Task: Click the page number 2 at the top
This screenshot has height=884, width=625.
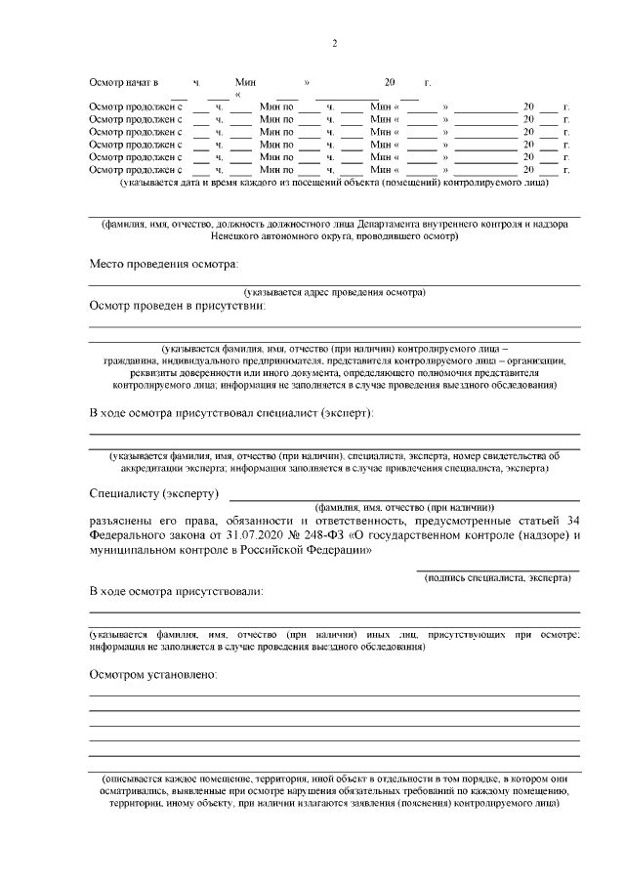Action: pos(334,43)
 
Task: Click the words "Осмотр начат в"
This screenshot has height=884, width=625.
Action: pos(123,85)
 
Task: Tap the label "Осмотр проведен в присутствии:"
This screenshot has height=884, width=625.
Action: pos(178,306)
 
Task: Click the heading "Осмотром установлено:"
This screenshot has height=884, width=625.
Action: pos(153,675)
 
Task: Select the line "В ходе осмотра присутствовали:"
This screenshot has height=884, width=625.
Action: pos(176,592)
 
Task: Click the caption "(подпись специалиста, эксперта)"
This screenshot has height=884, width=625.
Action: pos(497,578)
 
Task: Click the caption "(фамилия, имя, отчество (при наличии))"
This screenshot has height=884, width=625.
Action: pos(404,508)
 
